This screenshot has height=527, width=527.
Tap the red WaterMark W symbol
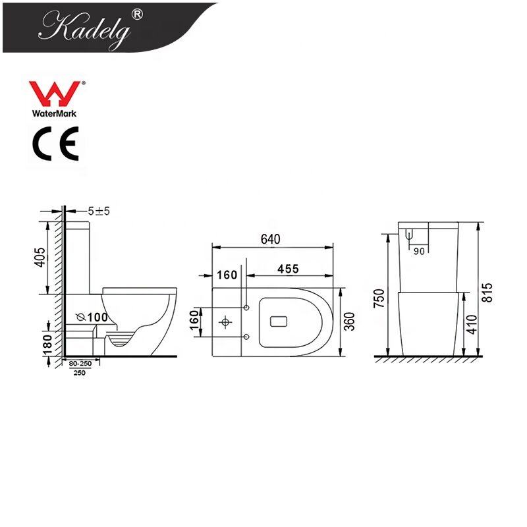point(55,94)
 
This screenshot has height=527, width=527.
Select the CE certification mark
point(55,144)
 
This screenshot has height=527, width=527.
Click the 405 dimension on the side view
point(40,258)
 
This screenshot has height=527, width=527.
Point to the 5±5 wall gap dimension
point(99,211)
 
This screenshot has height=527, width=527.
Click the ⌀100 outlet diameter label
point(92,317)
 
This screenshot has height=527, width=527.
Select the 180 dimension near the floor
point(47,345)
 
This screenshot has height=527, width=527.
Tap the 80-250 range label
point(80,364)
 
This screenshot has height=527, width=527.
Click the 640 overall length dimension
point(271,239)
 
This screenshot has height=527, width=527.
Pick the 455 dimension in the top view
point(288,269)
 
